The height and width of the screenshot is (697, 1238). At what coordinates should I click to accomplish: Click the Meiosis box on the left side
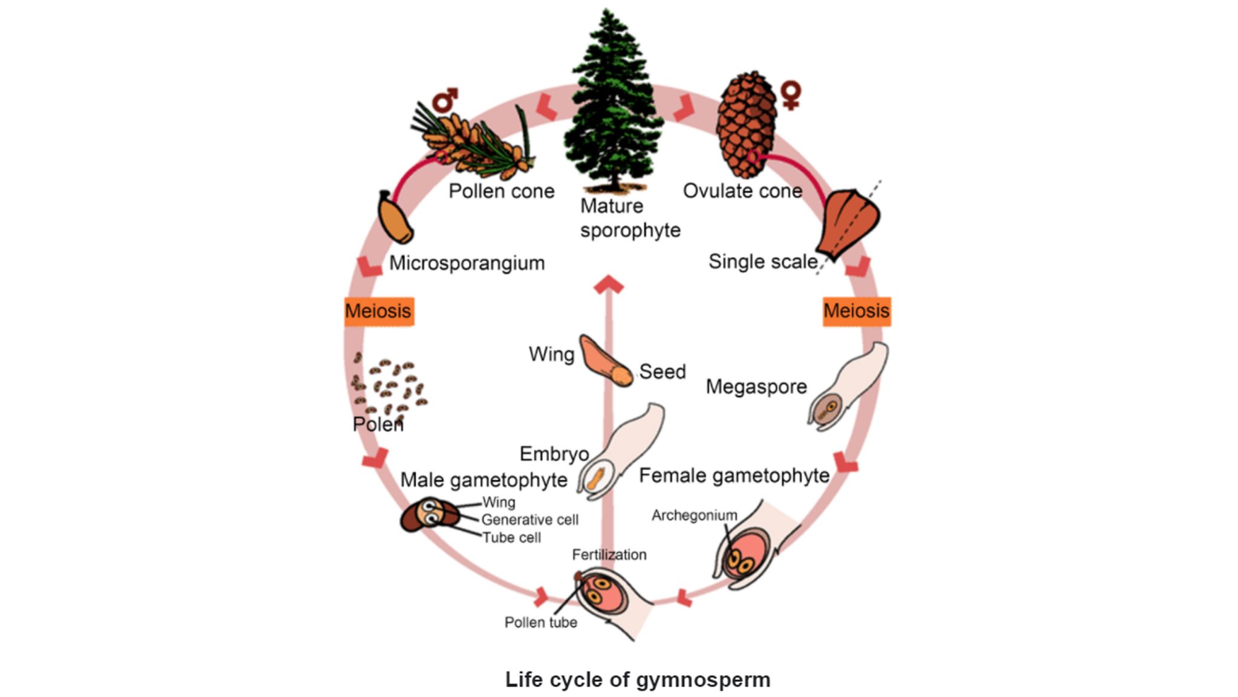(379, 312)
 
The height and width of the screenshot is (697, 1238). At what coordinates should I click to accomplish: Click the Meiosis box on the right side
(856, 312)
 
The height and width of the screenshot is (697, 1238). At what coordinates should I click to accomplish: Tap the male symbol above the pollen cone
(445, 100)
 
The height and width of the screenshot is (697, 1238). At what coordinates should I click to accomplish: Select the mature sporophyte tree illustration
(612, 103)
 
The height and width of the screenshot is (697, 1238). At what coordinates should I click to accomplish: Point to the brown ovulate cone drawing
(746, 124)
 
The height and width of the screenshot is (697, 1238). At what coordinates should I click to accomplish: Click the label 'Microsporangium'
(467, 263)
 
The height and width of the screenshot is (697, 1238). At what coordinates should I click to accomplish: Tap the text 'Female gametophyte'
(733, 476)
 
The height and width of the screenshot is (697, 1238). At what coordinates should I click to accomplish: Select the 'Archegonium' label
(694, 515)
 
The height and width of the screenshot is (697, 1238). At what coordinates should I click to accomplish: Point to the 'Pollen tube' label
(540, 623)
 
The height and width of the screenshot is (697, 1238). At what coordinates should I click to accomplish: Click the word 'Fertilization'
(609, 555)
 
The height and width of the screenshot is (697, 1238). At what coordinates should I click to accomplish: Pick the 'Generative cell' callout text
(530, 520)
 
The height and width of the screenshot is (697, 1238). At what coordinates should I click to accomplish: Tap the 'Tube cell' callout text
(511, 538)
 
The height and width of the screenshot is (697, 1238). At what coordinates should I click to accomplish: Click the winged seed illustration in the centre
(604, 362)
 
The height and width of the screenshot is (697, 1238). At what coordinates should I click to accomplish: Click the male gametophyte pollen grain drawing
(430, 515)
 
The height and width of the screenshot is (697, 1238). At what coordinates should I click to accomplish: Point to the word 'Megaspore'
(756, 387)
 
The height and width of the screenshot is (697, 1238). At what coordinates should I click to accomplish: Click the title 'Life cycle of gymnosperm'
(638, 679)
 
